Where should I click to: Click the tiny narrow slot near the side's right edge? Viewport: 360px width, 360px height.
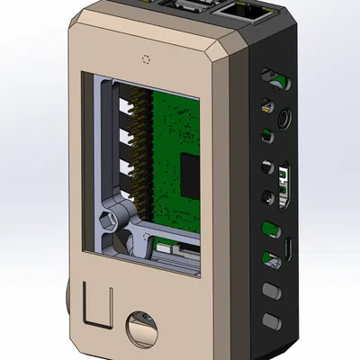(289, 247)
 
